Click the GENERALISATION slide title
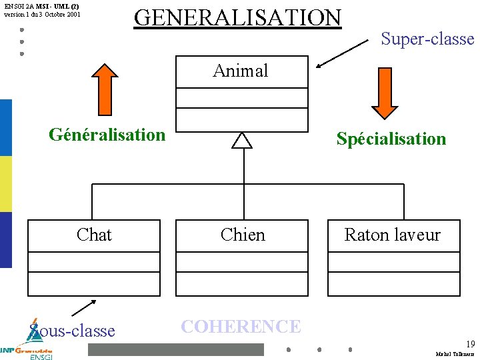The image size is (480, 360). [x=237, y=17]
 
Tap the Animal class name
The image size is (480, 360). [x=241, y=71]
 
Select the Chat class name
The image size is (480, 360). [x=94, y=235]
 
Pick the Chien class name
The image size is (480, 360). [x=243, y=235]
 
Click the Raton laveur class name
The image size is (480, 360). [x=392, y=235]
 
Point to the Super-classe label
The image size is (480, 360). [x=427, y=39]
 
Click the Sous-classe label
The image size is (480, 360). [x=73, y=331]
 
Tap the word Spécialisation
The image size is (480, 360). [x=391, y=139]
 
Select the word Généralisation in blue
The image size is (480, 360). [x=107, y=135]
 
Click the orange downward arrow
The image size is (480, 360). [x=385, y=92]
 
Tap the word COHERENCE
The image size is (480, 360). [x=241, y=326]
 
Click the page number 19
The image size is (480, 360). [x=470, y=344]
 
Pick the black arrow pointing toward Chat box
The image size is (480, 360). [x=83, y=307]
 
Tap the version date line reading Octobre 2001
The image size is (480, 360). [x=42, y=14]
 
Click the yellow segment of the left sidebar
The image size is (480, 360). [x=5, y=184]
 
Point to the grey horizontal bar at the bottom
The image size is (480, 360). [x=176, y=349]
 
